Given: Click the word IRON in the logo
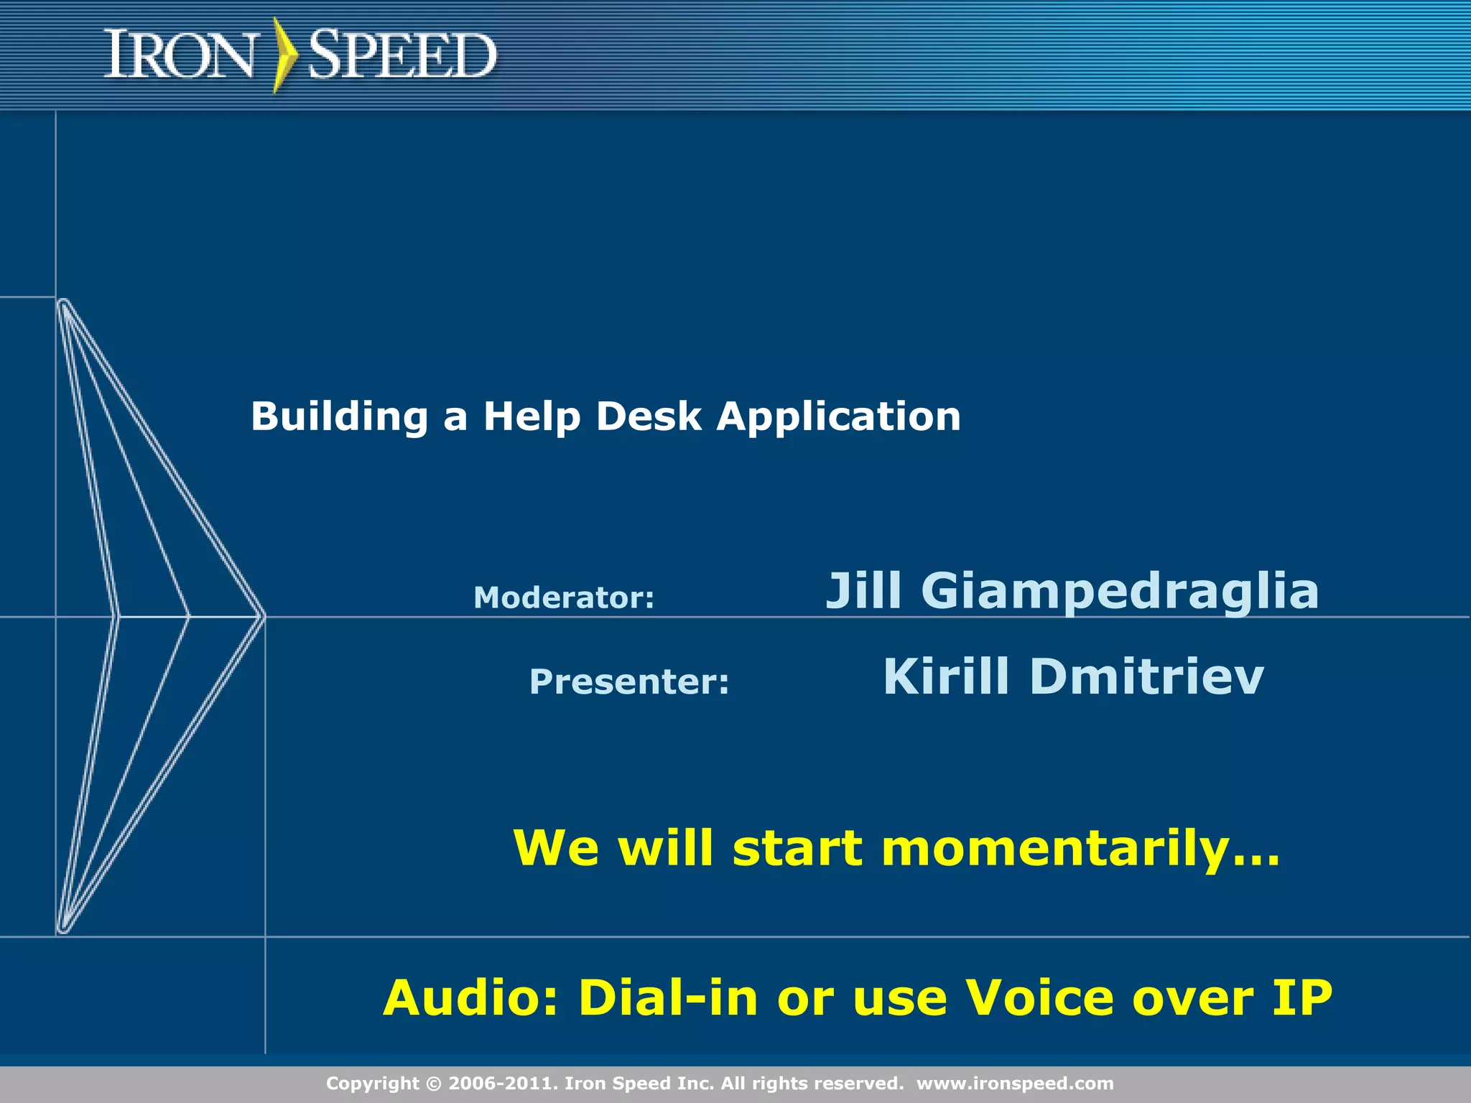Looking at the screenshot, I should (x=180, y=55).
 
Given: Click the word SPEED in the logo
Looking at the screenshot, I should (x=402, y=55).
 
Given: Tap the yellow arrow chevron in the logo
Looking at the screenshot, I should (x=286, y=55).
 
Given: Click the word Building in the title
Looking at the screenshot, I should (x=339, y=417).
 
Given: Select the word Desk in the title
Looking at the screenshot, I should (x=648, y=417).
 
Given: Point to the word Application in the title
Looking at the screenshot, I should (x=838, y=417).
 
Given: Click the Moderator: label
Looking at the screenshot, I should (x=564, y=598).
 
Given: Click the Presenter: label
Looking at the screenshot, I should (x=628, y=681).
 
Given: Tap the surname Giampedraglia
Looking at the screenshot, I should (x=1120, y=591).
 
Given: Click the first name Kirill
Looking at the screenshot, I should (x=946, y=676).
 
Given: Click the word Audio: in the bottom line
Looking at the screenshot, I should (x=470, y=998).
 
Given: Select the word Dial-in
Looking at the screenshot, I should (x=668, y=998).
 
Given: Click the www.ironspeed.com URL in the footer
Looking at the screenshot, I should (x=1014, y=1084).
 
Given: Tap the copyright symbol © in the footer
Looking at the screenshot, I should (x=435, y=1084).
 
